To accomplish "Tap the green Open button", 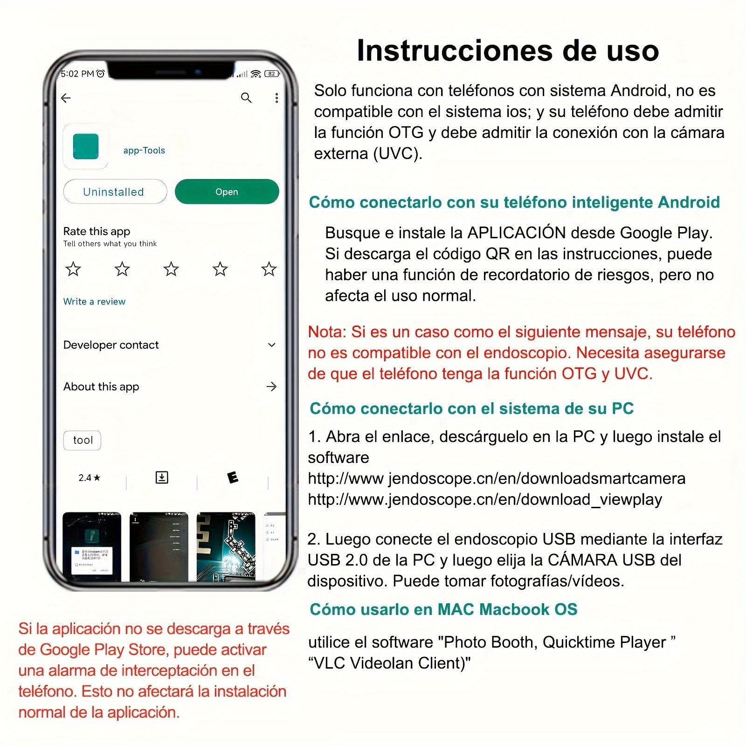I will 227,192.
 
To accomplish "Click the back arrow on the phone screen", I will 66,98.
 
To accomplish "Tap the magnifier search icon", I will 246,97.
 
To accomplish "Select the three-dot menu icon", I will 276,98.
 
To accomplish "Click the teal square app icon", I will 86,146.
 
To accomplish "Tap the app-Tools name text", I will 144,150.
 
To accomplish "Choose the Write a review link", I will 94,301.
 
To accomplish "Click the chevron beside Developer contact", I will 272,345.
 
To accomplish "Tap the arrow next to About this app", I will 271,387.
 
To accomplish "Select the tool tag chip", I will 83,440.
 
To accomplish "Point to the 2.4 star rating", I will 89,477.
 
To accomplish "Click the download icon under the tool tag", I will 162,477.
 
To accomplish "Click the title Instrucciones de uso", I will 507,50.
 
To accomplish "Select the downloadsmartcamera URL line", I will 497,478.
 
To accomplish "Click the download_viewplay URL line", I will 485,499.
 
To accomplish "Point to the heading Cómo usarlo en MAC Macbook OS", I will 443,609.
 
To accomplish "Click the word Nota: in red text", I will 326,332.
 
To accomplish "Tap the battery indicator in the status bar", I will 271,74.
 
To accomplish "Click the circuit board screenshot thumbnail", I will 226,546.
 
